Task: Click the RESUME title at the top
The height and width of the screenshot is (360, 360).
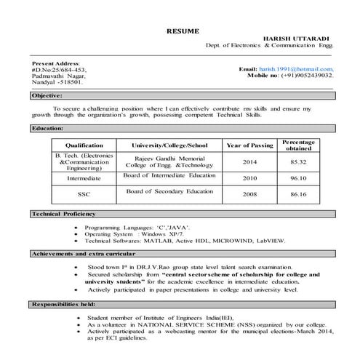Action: (182, 31)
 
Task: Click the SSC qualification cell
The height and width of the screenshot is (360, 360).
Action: (84, 194)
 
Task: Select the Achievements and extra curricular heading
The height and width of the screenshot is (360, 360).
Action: (83, 254)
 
